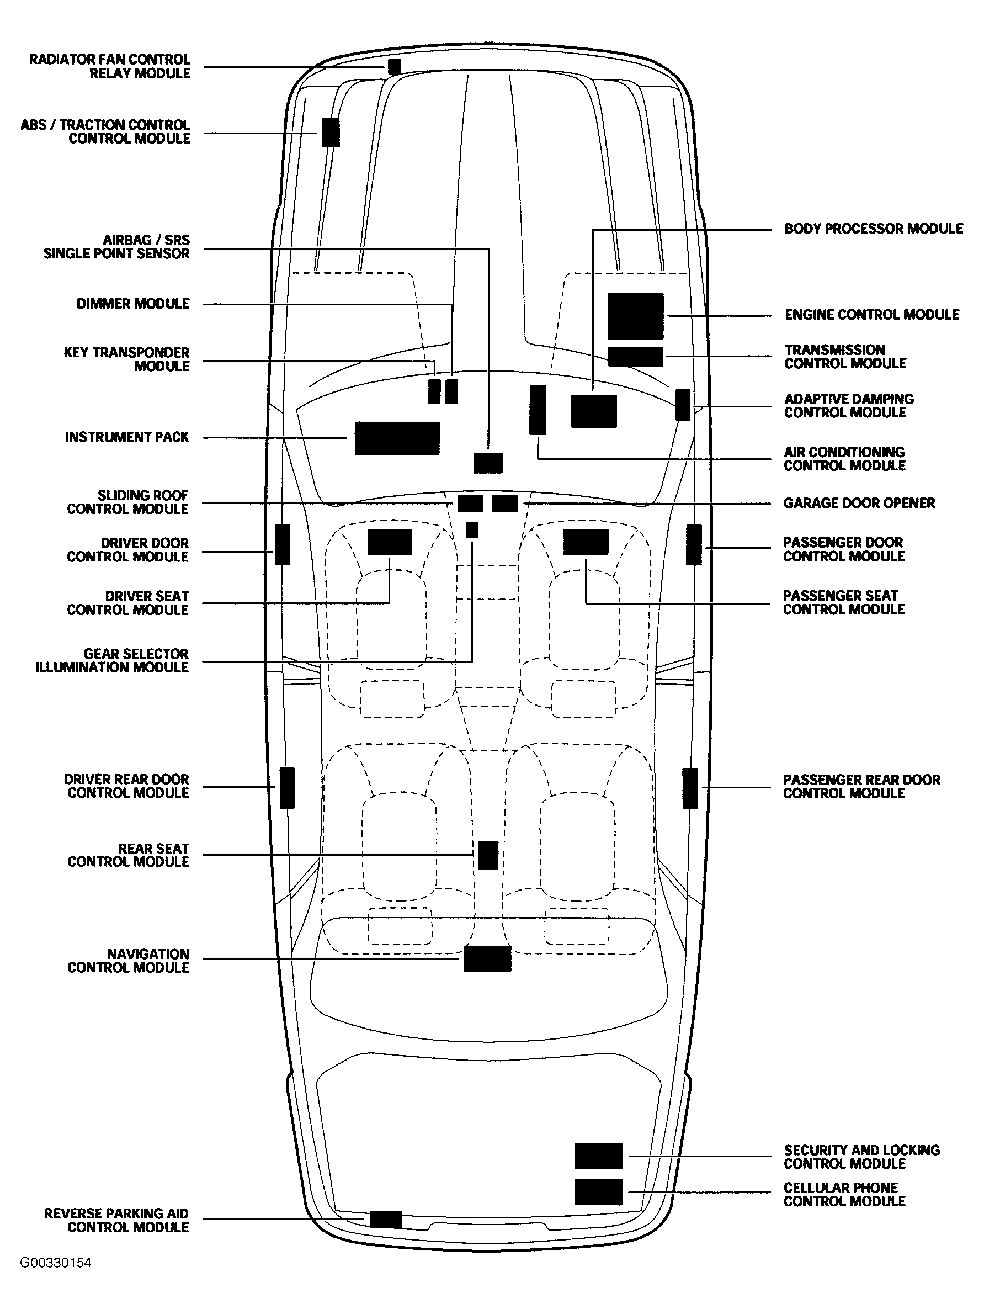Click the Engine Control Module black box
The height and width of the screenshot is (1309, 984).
coord(635,316)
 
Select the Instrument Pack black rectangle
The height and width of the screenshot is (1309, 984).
coord(397,438)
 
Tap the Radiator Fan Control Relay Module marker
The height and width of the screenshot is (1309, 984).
coord(394,67)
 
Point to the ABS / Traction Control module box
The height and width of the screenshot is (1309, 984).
coord(331,133)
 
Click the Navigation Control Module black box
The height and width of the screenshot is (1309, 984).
coord(487,958)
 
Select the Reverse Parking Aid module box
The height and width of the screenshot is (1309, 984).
coord(385,1219)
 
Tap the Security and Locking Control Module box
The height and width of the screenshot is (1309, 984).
coord(598,1156)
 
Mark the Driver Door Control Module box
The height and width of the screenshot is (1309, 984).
coord(282,544)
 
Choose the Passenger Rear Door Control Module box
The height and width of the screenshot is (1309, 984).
coord(689,788)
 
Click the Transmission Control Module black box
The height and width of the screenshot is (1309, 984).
coord(635,357)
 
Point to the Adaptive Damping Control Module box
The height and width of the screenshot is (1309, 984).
coord(682,405)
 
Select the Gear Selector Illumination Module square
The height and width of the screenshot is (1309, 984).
coord(472,529)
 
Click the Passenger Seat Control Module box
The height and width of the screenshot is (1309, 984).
coord(585,542)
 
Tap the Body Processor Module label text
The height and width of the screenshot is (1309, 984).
coord(874,229)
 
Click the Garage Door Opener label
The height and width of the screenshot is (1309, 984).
coord(859,503)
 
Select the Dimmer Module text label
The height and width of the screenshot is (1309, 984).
coord(133,304)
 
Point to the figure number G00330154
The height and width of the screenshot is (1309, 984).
coord(56,1262)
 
